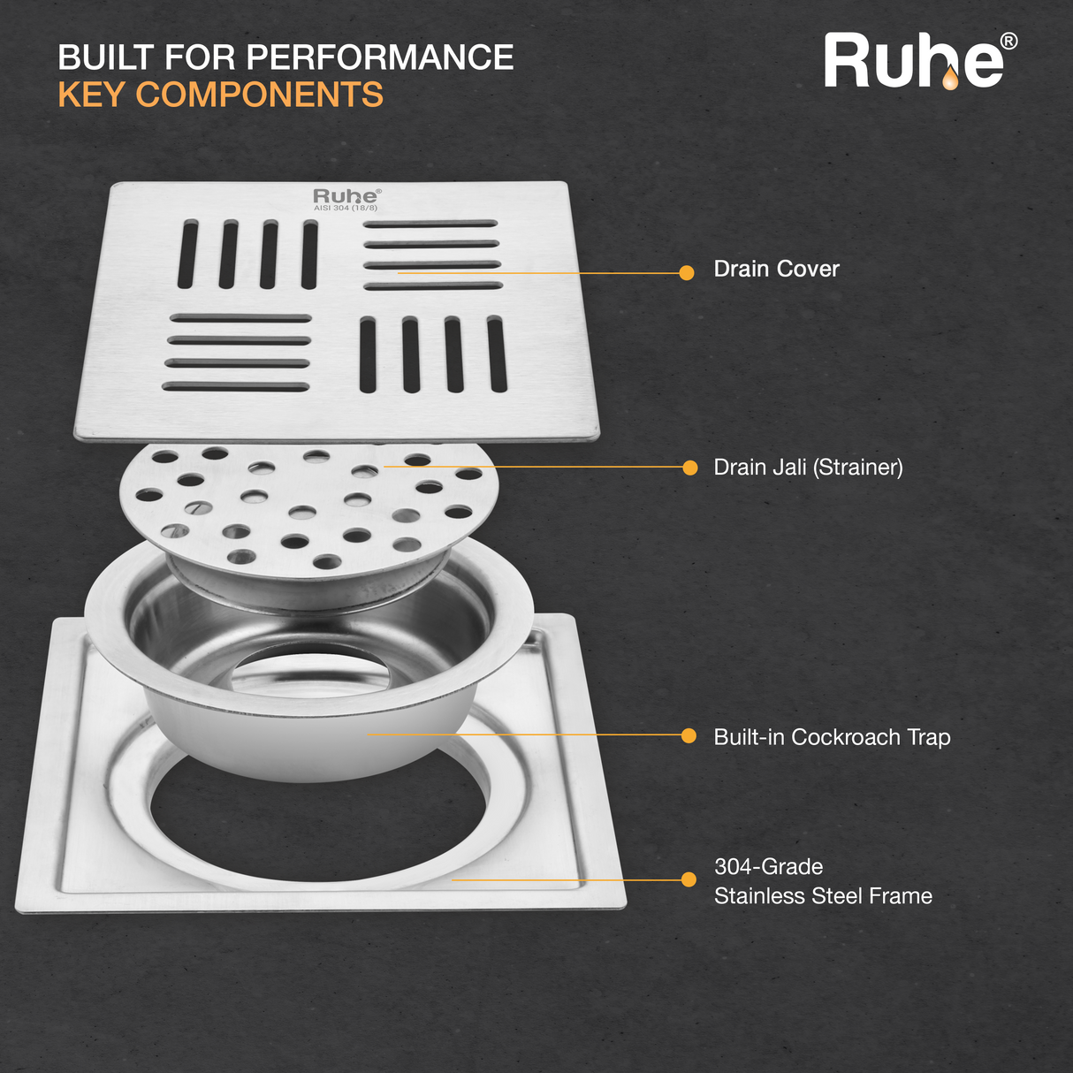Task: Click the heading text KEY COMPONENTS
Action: click(220, 95)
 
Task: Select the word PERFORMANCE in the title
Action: click(379, 57)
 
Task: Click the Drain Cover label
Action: click(776, 269)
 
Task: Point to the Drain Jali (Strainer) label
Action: click(808, 467)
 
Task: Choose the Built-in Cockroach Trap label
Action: click(832, 736)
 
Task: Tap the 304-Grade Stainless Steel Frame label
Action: click(822, 881)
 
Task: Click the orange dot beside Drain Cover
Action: click(687, 272)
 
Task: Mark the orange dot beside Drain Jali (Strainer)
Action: click(689, 468)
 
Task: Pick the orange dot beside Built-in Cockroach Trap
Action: click(689, 735)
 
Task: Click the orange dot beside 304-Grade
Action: click(689, 879)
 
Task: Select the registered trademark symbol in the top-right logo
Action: click(1008, 42)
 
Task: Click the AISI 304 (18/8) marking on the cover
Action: click(346, 209)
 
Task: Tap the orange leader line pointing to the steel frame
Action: click(566, 879)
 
